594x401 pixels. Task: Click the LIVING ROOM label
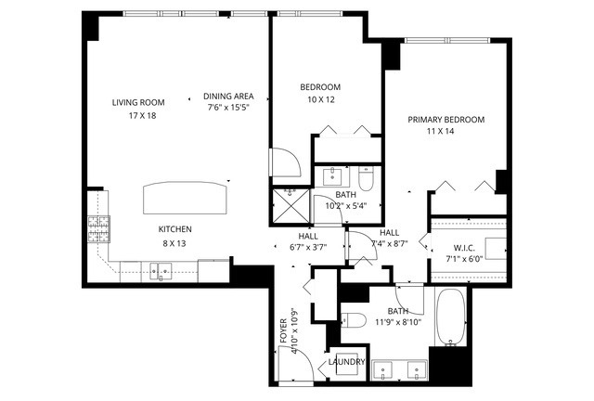(138, 102)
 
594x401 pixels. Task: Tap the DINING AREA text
(228, 97)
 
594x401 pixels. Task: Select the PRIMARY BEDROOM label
(445, 120)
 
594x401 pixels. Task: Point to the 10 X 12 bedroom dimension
(321, 100)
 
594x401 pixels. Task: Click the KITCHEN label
(175, 229)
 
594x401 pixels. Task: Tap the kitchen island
(186, 198)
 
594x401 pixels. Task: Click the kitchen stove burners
(99, 229)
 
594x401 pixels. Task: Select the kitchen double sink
(161, 271)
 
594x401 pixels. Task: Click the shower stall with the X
(291, 205)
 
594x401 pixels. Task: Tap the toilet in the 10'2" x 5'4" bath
(366, 179)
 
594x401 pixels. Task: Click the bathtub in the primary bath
(450, 317)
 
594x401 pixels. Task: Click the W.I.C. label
(464, 248)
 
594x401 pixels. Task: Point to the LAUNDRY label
(346, 362)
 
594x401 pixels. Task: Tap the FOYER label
(283, 331)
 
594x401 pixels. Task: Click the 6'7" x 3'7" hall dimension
(308, 248)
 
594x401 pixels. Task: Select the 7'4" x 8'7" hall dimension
(390, 244)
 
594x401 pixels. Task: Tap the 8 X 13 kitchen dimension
(174, 243)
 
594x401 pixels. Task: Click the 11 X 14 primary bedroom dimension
(440, 132)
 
